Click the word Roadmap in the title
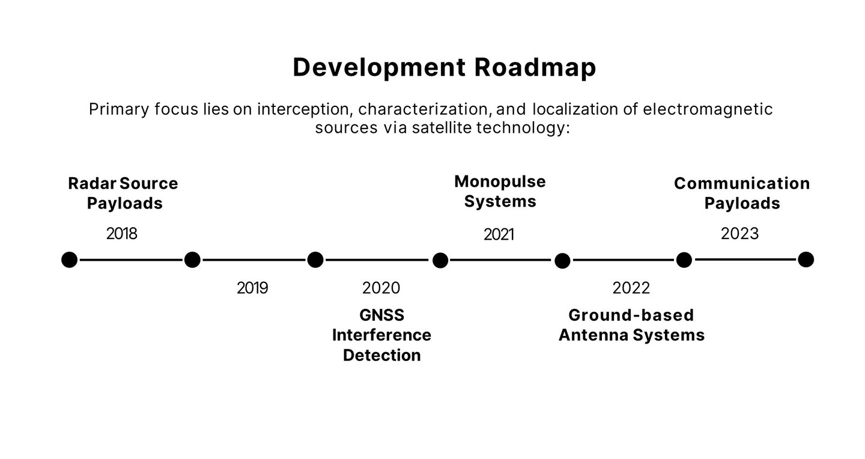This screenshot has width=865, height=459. click(535, 68)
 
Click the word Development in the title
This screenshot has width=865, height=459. click(379, 68)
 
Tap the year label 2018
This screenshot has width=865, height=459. click(121, 234)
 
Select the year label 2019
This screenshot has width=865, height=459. click(252, 288)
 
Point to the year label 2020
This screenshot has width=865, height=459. click(381, 288)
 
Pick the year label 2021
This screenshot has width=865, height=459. click(499, 234)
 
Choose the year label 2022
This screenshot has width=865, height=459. click(631, 288)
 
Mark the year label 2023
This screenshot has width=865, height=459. click(740, 234)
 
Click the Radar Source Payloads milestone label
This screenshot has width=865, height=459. click(123, 193)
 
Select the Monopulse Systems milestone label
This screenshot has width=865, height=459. click(500, 191)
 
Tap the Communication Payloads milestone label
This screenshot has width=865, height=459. click(742, 193)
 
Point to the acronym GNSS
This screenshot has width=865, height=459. click(382, 315)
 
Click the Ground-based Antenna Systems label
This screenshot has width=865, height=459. click(632, 325)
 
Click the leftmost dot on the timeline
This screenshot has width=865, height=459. click(70, 260)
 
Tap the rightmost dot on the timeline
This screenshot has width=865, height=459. click(806, 260)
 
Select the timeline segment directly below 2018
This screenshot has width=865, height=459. click(131, 260)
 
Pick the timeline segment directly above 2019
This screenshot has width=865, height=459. click(254, 260)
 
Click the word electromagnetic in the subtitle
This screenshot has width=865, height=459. click(708, 109)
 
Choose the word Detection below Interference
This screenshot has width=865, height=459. click(382, 356)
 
